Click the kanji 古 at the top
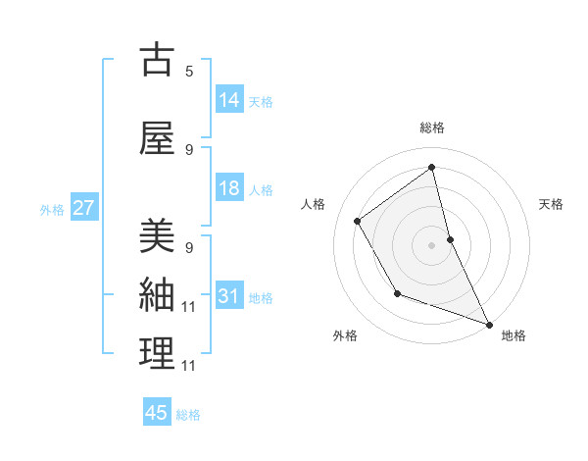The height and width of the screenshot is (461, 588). [157, 60]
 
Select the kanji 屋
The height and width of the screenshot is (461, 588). [157, 138]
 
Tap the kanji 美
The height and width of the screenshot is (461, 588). [157, 236]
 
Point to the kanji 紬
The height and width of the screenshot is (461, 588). [157, 294]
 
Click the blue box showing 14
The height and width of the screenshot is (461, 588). [229, 99]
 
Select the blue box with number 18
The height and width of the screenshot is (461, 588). [229, 188]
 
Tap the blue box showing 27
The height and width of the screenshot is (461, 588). [83, 208]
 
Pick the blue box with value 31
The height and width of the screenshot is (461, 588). [229, 296]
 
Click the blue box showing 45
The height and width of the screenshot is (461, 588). [157, 413]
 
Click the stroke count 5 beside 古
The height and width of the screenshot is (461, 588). [189, 71]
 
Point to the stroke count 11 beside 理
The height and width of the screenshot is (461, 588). [189, 365]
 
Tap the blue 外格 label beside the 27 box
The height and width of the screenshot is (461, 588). [52, 209]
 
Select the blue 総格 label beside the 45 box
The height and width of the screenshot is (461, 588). [189, 415]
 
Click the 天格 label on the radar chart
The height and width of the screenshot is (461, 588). [551, 204]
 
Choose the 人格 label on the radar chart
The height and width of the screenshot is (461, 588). [313, 204]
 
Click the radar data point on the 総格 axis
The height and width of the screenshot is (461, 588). [431, 168]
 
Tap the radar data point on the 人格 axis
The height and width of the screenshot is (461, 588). [358, 221]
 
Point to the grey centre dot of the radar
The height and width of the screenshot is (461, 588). [431, 244]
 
